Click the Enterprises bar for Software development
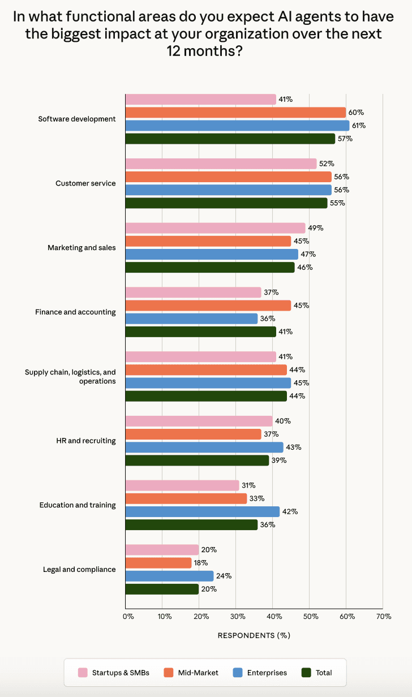[237, 126]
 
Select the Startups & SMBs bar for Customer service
[221, 164]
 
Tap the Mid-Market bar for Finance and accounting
[208, 306]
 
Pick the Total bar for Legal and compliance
[162, 589]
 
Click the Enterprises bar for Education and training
[202, 511]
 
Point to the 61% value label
[358, 126]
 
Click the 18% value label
[201, 563]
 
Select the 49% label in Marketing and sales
[315, 228]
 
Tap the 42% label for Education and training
[290, 511]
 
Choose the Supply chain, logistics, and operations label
[70, 376]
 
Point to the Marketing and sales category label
[81, 248]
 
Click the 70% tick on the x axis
[383, 616]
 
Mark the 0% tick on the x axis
[128, 616]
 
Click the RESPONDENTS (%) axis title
[254, 635]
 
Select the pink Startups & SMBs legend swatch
[83, 673]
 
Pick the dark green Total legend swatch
[306, 673]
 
